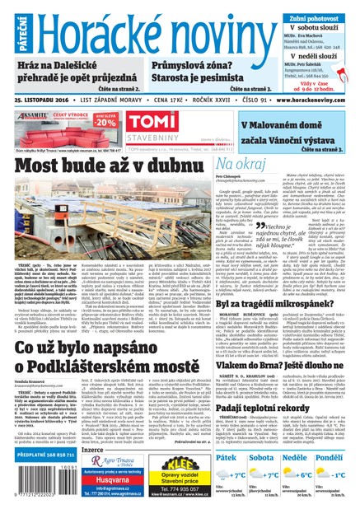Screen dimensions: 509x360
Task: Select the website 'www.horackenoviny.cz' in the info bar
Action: pos(315,100)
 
